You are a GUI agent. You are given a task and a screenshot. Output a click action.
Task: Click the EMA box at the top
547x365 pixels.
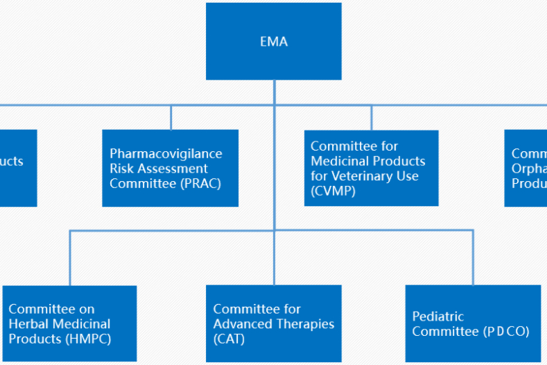coord(273,42)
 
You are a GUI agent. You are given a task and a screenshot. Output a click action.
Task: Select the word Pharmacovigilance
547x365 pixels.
coord(166,153)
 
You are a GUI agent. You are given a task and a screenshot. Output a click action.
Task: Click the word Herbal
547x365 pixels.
coord(28,324)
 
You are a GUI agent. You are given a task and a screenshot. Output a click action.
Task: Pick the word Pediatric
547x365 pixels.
coord(437,316)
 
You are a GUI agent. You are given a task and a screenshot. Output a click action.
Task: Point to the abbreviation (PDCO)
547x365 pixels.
coord(506,332)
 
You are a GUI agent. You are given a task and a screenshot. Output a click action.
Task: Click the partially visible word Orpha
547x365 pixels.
coord(529,169)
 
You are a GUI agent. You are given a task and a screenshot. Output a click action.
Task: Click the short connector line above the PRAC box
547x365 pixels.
coord(171,117)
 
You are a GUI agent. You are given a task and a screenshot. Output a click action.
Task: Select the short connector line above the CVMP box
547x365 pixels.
coord(371,117)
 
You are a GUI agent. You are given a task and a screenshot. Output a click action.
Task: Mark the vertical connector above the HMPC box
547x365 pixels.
coord(69,258)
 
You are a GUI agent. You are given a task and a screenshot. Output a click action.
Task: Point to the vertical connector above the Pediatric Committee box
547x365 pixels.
coord(473,258)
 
